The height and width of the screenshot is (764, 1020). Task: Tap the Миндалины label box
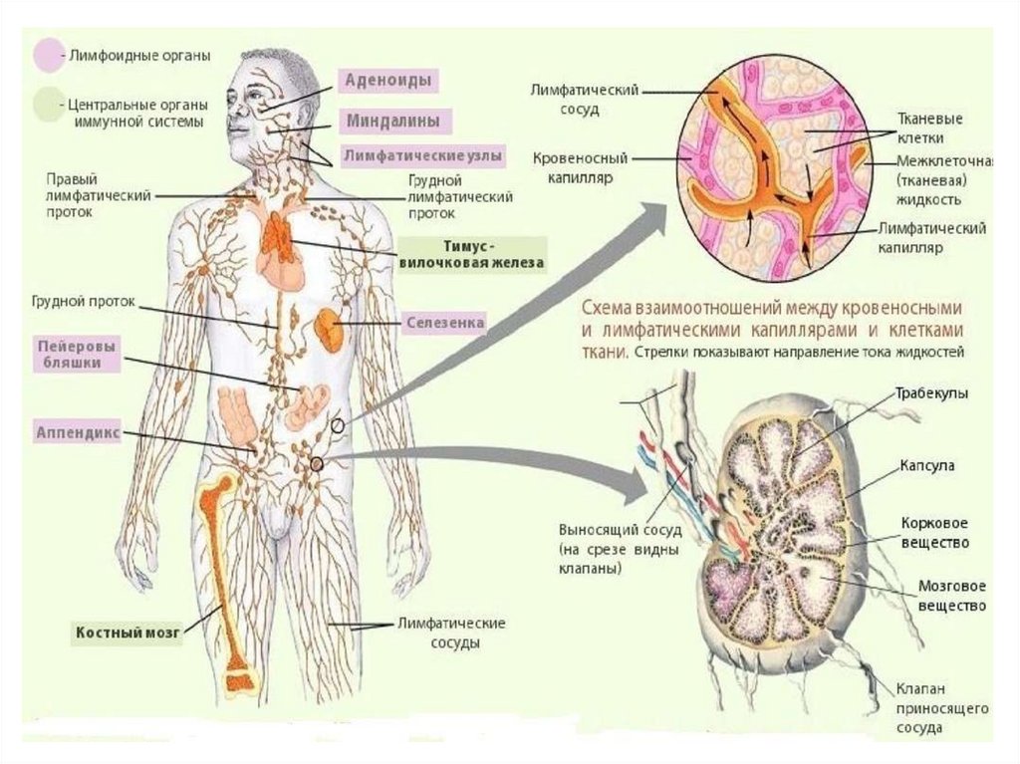[x=391, y=121]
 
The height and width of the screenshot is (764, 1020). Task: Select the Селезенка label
[x=445, y=324]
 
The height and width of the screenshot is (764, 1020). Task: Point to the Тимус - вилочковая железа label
[x=472, y=254]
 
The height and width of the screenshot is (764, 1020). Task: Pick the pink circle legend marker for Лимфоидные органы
[x=47, y=55]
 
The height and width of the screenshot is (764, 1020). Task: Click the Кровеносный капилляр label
[x=572, y=167]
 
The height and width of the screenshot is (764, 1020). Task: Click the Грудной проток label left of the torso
[x=83, y=300]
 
